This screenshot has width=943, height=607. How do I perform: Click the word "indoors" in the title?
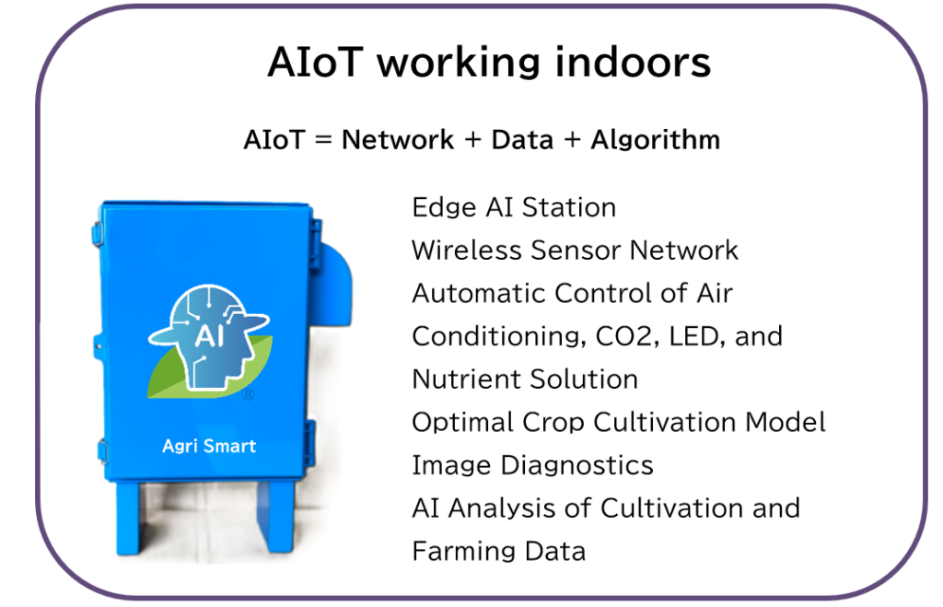tap(633, 62)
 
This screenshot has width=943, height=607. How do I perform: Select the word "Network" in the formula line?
tap(398, 140)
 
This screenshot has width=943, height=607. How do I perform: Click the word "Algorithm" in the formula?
tap(656, 140)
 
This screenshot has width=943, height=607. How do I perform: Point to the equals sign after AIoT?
tap(323, 140)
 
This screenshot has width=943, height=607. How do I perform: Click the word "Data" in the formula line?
tap(522, 140)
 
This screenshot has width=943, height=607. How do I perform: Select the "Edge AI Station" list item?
tap(514, 208)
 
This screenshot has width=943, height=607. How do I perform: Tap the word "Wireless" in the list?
tap(467, 251)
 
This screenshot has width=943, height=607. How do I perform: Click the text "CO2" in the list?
tap(623, 336)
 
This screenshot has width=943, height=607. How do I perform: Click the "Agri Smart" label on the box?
tap(209, 447)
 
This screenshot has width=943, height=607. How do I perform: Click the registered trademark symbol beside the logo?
tap(248, 394)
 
